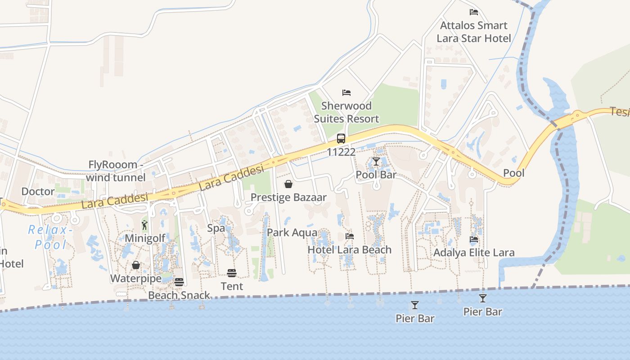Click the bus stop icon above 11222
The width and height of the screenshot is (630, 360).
tap(341, 139)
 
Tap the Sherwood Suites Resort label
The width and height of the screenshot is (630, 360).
tap(346, 112)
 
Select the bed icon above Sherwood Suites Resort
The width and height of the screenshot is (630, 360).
tap(346, 93)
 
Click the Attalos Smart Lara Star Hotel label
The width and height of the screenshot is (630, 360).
tap(474, 32)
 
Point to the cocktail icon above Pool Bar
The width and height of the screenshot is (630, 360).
tap(376, 162)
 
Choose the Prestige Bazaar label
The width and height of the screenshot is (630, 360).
tap(288, 197)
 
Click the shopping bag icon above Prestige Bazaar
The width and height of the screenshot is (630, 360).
tap(288, 184)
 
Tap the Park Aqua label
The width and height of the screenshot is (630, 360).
tap(292, 233)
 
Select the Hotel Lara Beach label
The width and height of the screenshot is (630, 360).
tap(349, 250)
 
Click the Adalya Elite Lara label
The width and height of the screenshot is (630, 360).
tap(474, 252)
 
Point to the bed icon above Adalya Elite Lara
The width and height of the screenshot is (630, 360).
tap(474, 239)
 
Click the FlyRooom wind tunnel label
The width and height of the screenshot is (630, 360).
tap(116, 171)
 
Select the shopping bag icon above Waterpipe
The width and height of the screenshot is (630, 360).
tap(136, 265)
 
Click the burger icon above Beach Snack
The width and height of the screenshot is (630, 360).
tap(179, 282)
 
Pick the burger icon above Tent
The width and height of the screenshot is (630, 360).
tap(232, 273)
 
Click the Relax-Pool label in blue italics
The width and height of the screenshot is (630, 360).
tap(50, 237)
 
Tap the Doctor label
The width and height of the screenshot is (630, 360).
tap(38, 192)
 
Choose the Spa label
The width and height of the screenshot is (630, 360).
tap(216, 228)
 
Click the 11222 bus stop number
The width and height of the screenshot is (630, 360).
tap(341, 152)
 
